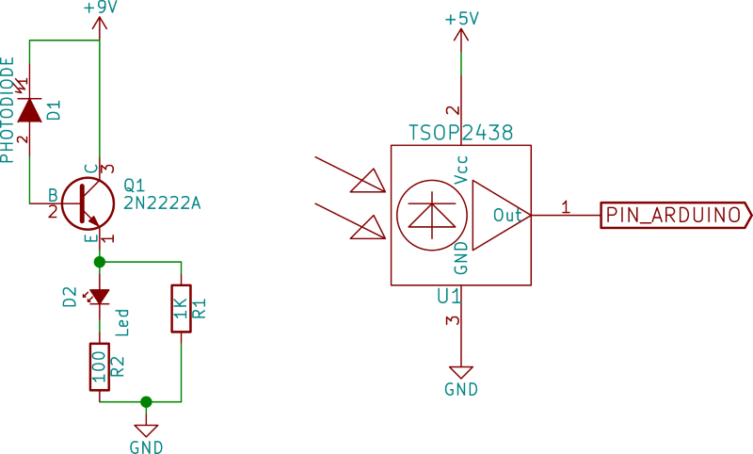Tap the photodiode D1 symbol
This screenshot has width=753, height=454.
click(30, 110)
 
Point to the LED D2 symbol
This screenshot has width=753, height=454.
click(99, 297)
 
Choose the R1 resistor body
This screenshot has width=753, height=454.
click(182, 308)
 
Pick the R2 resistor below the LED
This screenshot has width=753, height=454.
click(99, 366)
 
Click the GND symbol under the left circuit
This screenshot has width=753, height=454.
click(146, 430)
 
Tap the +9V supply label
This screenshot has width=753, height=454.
click(100, 6)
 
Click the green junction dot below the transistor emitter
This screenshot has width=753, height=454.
click(99, 260)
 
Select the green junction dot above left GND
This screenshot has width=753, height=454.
click(146, 402)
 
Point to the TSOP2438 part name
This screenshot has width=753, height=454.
click(461, 135)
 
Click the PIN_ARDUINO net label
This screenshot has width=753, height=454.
click(674, 215)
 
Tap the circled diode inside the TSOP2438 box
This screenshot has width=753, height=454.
click(432, 215)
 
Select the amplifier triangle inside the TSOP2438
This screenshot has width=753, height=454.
click(499, 215)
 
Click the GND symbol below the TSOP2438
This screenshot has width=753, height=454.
click(461, 374)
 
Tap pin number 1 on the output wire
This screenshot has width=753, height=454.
click(566, 206)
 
